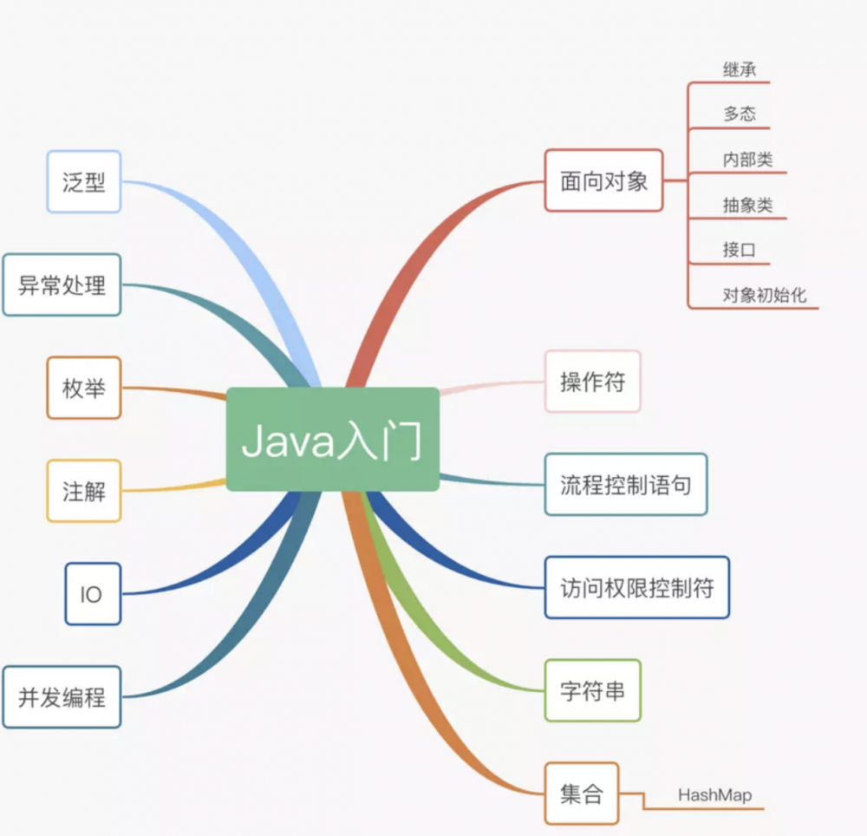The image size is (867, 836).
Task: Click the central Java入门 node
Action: click(333, 440)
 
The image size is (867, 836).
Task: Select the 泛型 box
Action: click(84, 182)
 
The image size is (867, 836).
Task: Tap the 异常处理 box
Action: click(62, 284)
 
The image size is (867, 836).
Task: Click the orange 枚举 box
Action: click(84, 388)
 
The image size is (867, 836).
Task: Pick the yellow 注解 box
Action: click(84, 491)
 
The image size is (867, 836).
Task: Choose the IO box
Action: click(93, 594)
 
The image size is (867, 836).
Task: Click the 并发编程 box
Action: click(62, 696)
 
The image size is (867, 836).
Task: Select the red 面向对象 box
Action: click(603, 180)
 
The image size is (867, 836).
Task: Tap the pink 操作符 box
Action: click(593, 382)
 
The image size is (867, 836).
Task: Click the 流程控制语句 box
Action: click(626, 484)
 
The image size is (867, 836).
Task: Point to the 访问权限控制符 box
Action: click(637, 587)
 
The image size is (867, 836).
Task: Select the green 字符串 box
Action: click(593, 690)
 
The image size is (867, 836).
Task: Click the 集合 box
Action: click(582, 794)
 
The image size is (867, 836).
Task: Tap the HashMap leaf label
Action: click(715, 794)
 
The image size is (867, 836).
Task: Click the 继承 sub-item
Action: click(740, 70)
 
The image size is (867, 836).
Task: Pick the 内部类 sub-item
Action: click(747, 160)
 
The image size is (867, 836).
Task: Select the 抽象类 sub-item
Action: click(747, 206)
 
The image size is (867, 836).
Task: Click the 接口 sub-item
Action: click(740, 251)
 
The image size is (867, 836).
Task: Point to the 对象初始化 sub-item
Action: click(765, 295)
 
